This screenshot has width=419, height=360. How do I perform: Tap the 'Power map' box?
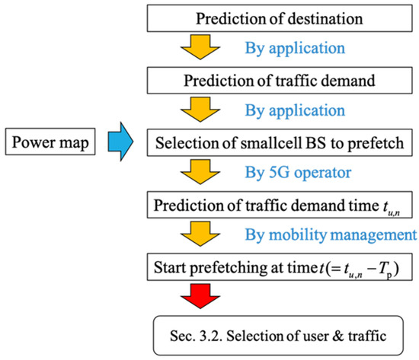(50, 141)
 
